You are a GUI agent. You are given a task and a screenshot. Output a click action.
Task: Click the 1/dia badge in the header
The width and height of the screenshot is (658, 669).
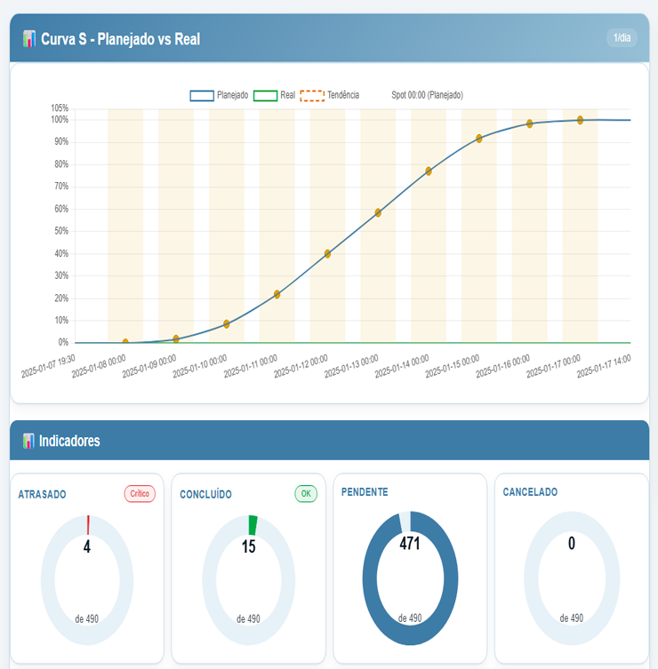[622, 38]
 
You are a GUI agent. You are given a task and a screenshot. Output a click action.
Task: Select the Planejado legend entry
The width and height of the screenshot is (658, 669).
[219, 95]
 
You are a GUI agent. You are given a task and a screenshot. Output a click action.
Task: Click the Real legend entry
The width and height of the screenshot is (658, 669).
[275, 95]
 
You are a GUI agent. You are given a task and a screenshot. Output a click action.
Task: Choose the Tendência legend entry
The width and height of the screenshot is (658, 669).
[330, 95]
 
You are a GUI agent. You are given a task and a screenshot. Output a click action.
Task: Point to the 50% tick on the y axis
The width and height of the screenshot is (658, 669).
[60, 231]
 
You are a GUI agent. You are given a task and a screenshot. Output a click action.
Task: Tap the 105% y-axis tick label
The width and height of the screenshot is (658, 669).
[59, 108]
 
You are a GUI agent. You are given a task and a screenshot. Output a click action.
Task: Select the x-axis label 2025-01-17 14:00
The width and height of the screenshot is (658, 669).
[605, 365]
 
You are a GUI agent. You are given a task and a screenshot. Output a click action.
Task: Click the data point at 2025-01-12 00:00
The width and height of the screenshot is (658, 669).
[327, 253]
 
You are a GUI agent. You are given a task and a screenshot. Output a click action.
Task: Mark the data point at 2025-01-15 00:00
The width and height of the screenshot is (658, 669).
[479, 139]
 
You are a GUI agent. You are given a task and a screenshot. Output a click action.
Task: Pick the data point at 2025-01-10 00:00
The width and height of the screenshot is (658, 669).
[227, 324]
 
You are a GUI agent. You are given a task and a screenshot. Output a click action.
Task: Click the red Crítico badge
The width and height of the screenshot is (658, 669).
[140, 494]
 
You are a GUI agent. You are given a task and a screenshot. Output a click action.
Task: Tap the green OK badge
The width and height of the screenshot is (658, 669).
[306, 494]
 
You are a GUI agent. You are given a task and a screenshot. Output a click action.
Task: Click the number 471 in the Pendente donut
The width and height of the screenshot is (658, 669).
[410, 544]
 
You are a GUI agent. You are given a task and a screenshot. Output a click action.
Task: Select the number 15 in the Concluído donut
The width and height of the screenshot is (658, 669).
[249, 546]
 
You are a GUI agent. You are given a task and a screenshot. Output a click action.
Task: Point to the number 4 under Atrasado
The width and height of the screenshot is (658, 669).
[87, 546]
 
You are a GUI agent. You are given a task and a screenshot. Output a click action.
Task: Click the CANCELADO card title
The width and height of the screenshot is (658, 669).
[530, 492]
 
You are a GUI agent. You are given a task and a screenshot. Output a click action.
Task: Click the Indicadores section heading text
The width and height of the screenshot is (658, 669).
[69, 441]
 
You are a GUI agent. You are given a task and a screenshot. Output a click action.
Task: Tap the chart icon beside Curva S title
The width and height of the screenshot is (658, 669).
[29, 39]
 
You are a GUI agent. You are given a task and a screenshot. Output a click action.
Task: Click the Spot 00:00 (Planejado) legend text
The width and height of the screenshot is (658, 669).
[427, 95]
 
